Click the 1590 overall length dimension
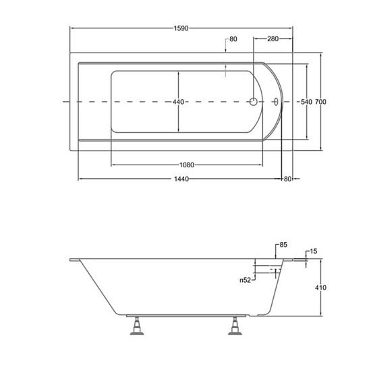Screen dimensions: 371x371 181,28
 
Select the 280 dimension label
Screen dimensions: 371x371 273,39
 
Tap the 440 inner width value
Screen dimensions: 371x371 178,102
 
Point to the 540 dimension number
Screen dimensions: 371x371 306,102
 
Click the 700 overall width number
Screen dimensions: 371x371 320,102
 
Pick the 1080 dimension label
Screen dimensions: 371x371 187,165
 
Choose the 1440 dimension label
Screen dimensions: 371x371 181,179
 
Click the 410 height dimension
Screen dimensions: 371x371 320,288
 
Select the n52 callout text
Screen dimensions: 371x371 245,280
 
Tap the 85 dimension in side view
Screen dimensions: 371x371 283,245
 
